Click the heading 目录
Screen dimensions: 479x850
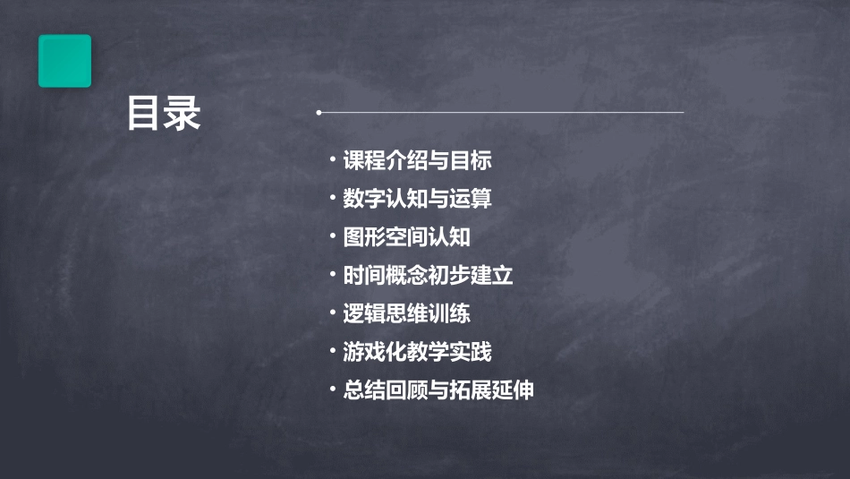(164, 115)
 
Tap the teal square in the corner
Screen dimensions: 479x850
(64, 61)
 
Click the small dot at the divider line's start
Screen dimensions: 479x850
(319, 113)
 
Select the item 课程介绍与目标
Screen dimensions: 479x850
(417, 161)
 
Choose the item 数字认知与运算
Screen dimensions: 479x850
(417, 199)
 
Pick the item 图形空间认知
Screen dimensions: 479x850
(406, 237)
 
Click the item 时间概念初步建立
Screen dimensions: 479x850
(428, 276)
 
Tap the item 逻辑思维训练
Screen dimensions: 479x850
(406, 314)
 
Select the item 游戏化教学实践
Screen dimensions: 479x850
(417, 352)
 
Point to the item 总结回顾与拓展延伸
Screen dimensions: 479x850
(438, 390)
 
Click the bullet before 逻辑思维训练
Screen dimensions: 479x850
(332, 313)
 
